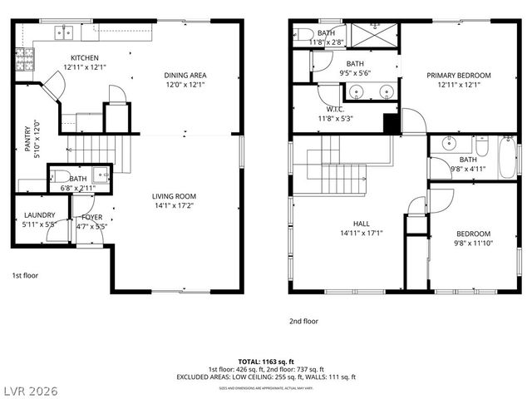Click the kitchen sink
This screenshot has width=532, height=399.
click(64, 33)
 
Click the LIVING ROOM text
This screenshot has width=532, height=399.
click(173, 197)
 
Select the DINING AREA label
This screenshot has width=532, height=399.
click(185, 76)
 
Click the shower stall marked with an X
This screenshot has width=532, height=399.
click(373, 37)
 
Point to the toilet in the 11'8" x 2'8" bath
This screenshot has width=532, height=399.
click(300, 34)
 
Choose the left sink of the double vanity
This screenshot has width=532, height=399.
click(358, 91)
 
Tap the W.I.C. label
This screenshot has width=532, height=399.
click(336, 109)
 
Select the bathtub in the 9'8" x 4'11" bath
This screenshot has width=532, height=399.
click(506, 157)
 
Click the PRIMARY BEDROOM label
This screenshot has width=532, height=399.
click(459, 76)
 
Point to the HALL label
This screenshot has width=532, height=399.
click(361, 224)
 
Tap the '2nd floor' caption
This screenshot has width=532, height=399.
click(303, 321)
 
